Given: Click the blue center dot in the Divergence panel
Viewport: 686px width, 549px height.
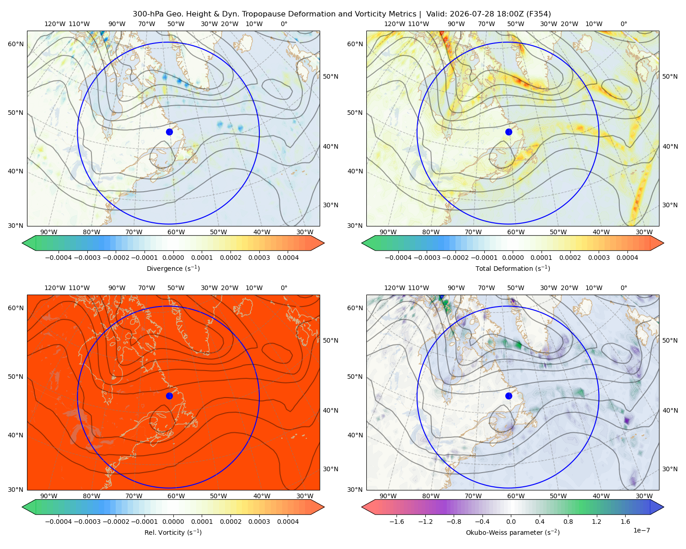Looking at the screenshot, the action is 169,132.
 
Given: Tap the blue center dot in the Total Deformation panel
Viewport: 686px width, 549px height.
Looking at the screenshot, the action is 509,132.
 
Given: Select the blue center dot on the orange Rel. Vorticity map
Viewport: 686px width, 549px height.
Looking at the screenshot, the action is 169,396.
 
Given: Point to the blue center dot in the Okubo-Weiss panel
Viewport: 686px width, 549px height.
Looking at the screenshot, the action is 509,396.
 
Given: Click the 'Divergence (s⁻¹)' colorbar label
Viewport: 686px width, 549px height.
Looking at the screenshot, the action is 173,268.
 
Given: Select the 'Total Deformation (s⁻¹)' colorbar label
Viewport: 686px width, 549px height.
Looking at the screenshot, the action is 513,268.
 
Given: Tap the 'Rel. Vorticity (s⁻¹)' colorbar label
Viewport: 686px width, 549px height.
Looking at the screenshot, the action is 173,532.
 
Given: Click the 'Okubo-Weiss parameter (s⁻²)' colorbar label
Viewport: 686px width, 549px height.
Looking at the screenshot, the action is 513,532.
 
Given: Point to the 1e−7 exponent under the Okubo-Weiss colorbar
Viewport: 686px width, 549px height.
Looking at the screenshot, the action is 641,530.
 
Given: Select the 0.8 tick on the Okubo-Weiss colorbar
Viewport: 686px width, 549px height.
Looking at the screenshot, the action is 568,521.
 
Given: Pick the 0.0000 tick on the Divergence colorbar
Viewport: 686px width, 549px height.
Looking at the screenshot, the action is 173,258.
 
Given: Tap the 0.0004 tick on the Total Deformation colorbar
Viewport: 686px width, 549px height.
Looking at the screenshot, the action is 627,258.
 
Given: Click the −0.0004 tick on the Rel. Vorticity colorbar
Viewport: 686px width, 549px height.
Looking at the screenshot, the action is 59,521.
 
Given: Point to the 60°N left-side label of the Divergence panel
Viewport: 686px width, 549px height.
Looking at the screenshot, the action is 16,44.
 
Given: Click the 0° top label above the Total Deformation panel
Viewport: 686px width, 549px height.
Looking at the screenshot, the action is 623,24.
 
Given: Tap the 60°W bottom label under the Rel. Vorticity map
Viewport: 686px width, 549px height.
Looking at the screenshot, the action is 176,496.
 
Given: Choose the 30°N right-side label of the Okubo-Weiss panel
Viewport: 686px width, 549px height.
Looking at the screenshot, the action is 670,468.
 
